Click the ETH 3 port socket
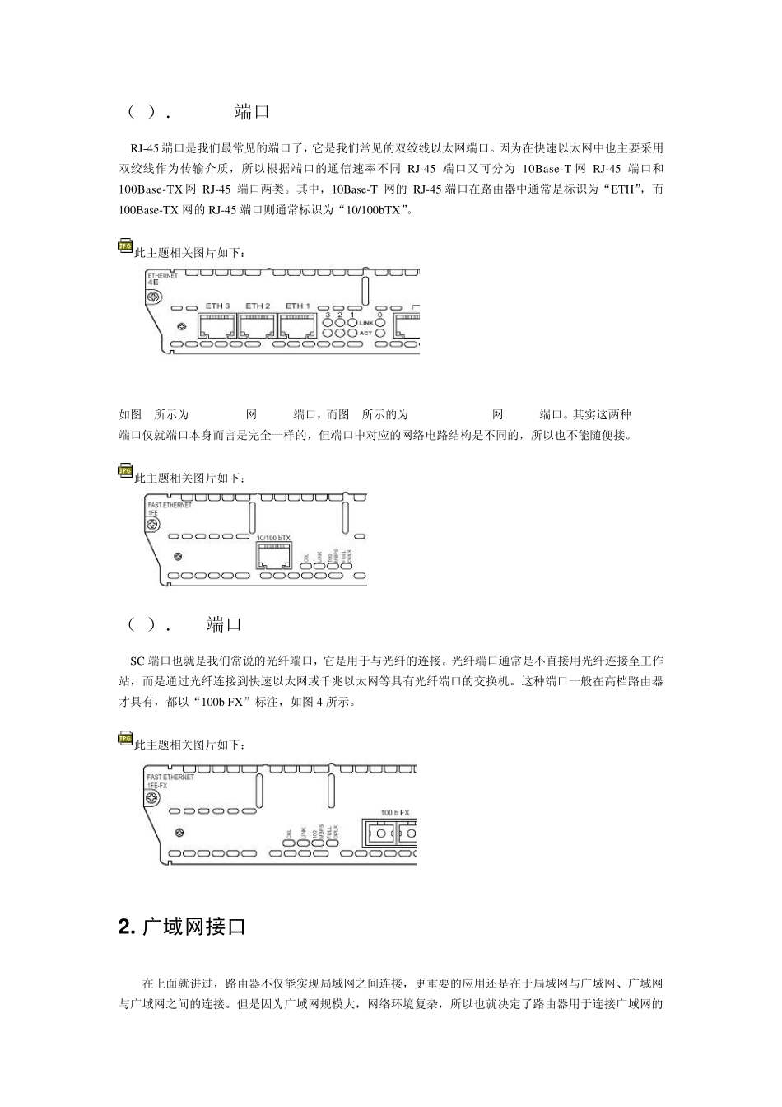(x=217, y=325)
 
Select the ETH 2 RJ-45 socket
(x=258, y=325)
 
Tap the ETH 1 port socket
(x=297, y=325)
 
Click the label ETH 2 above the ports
(x=258, y=306)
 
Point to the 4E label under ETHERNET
(x=152, y=282)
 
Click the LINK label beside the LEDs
(x=365, y=323)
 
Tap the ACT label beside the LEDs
(x=365, y=334)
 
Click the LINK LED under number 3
(x=328, y=323)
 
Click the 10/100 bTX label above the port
(x=273, y=537)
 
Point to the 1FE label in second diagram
(x=152, y=511)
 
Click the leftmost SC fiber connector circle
(x=380, y=835)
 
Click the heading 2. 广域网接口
(x=182, y=927)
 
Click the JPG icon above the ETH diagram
(x=125, y=245)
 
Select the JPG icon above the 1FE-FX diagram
(x=125, y=739)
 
